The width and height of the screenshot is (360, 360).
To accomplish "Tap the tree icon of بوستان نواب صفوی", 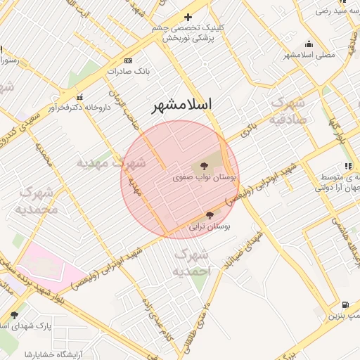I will [204, 166].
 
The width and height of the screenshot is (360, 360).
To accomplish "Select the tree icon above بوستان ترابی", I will [210, 215].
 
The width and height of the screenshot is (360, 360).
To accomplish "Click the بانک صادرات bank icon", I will [127, 61].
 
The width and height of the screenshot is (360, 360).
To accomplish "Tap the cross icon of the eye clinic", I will [187, 17].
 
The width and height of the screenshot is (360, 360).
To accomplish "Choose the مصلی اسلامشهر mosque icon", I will [309, 44].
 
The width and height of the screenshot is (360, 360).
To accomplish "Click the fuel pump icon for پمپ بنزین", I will [345, 304].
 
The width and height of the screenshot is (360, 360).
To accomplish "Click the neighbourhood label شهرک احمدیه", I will [190, 262].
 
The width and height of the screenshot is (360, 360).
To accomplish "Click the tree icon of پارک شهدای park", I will [14, 315].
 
